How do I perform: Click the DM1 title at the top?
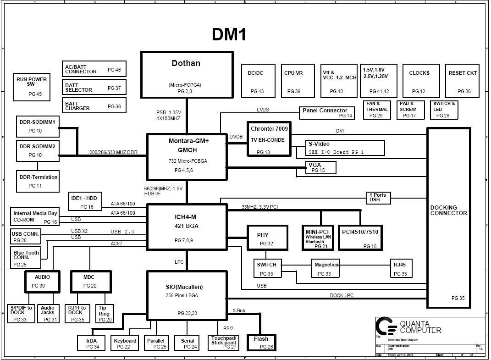(x=229, y=34)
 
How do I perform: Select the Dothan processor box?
(x=186, y=74)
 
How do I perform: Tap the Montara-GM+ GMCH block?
(x=187, y=156)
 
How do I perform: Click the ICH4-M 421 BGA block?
(x=187, y=227)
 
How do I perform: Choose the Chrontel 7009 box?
(x=269, y=139)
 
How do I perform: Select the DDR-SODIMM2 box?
(x=38, y=151)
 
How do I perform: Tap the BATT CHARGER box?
(x=94, y=106)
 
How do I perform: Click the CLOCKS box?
(x=419, y=80)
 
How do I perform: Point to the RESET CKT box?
(x=463, y=80)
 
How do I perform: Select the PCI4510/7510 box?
(x=360, y=237)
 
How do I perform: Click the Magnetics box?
(x=326, y=268)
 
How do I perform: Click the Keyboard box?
(x=125, y=343)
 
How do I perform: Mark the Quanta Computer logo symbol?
(x=386, y=326)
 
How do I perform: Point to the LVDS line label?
(x=263, y=110)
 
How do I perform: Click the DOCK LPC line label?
(x=342, y=296)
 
